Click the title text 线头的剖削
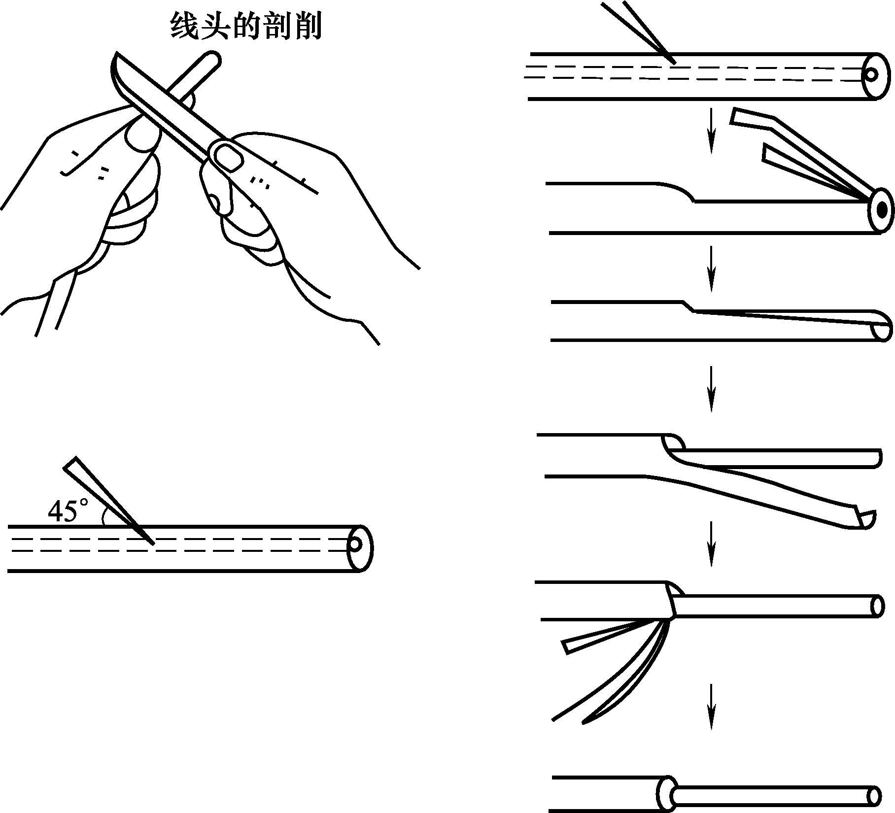click(x=245, y=26)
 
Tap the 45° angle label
click(x=69, y=510)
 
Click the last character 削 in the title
click(x=308, y=26)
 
